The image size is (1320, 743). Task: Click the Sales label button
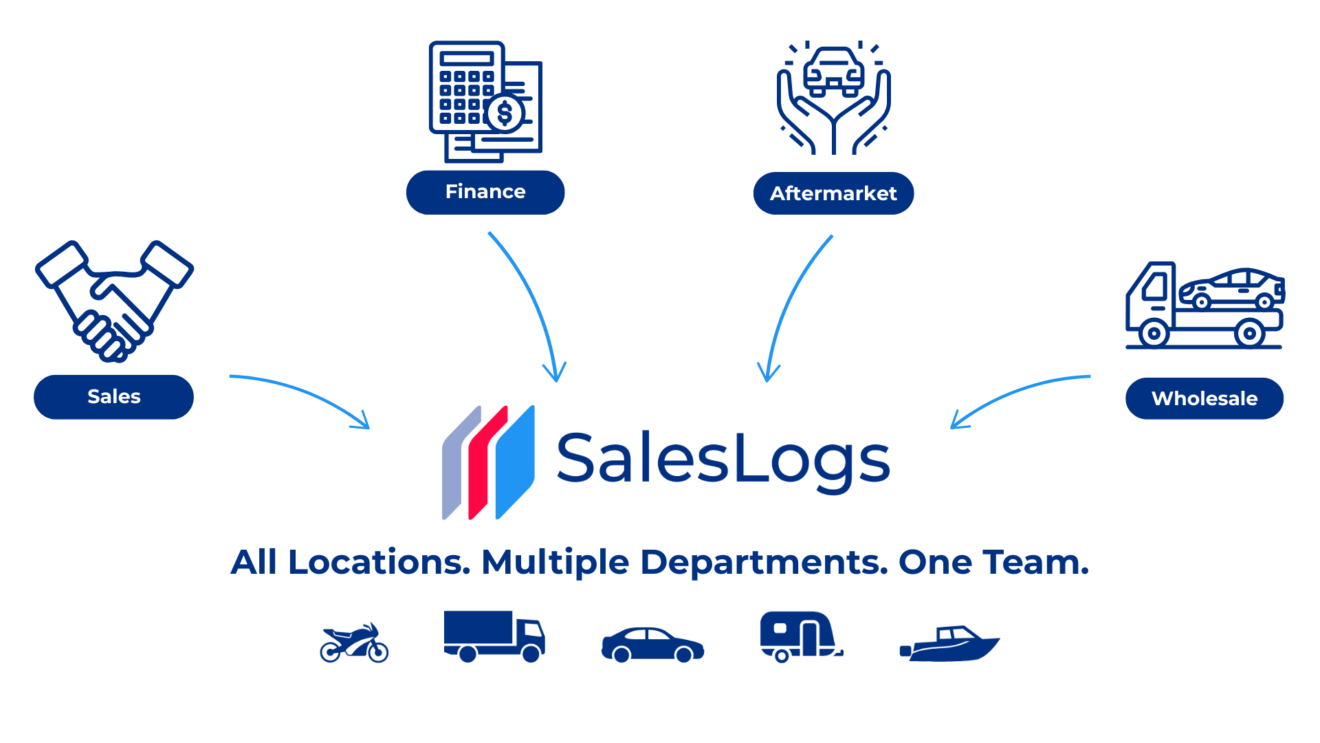click(x=113, y=397)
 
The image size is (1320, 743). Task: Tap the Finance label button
click(x=485, y=192)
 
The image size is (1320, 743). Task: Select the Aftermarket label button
click(x=833, y=193)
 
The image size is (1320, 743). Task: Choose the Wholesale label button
click(x=1204, y=398)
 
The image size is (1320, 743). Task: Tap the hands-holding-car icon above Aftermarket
click(x=834, y=98)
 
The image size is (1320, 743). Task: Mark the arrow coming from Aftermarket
click(x=791, y=303)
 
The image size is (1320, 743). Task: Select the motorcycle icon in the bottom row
click(x=354, y=643)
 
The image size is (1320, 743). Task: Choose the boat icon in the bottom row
click(x=950, y=644)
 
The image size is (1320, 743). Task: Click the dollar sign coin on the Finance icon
click(x=505, y=114)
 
